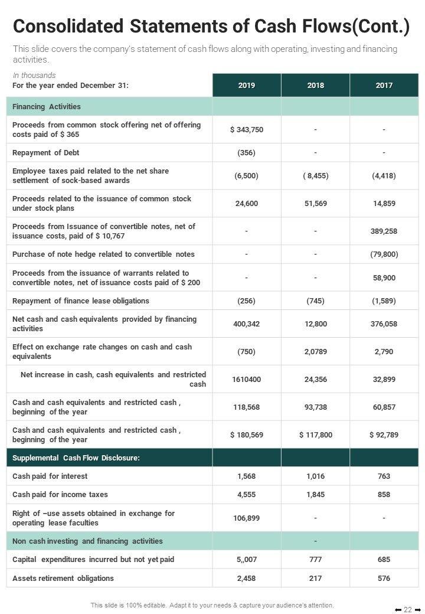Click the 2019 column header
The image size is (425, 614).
pyautogui.click(x=247, y=86)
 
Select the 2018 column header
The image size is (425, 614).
pyautogui.click(x=315, y=86)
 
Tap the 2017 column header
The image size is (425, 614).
pyautogui.click(x=384, y=86)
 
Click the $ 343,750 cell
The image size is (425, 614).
pyautogui.click(x=247, y=130)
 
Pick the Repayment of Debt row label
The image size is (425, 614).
pyautogui.click(x=45, y=153)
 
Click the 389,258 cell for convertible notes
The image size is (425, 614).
pyautogui.click(x=384, y=231)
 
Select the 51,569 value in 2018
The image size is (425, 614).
pyautogui.click(x=315, y=204)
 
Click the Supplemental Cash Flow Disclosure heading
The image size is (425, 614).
pyautogui.click(x=76, y=458)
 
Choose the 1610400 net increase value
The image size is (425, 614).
pyautogui.click(x=247, y=380)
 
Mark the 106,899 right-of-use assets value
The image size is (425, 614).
pyautogui.click(x=247, y=518)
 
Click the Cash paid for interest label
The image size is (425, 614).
pyautogui.click(x=50, y=476)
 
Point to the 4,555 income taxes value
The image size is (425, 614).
pyautogui.click(x=247, y=495)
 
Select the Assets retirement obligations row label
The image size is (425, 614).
pyautogui.click(x=63, y=579)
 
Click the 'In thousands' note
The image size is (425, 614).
pyautogui.click(x=34, y=76)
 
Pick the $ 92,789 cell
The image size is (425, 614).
pyautogui.click(x=384, y=435)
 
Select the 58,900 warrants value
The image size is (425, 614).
pyautogui.click(x=384, y=278)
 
